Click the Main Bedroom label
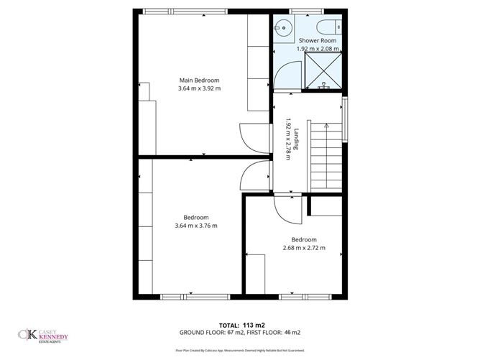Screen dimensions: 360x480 pyautogui.click(x=199, y=80)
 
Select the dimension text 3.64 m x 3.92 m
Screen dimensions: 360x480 pyautogui.click(x=199, y=88)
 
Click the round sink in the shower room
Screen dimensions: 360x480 pyautogui.click(x=282, y=29)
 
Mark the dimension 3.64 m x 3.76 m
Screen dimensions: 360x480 pyautogui.click(x=195, y=226)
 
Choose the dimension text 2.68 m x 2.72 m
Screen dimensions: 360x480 pyautogui.click(x=304, y=248)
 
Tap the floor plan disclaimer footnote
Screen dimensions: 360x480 pyautogui.click(x=239, y=349)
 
